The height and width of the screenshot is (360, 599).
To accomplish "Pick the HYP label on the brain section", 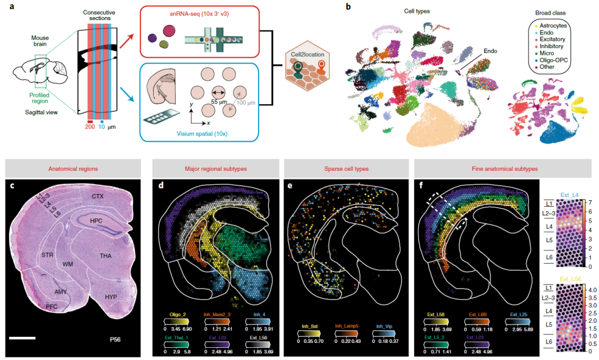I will (111, 297).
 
